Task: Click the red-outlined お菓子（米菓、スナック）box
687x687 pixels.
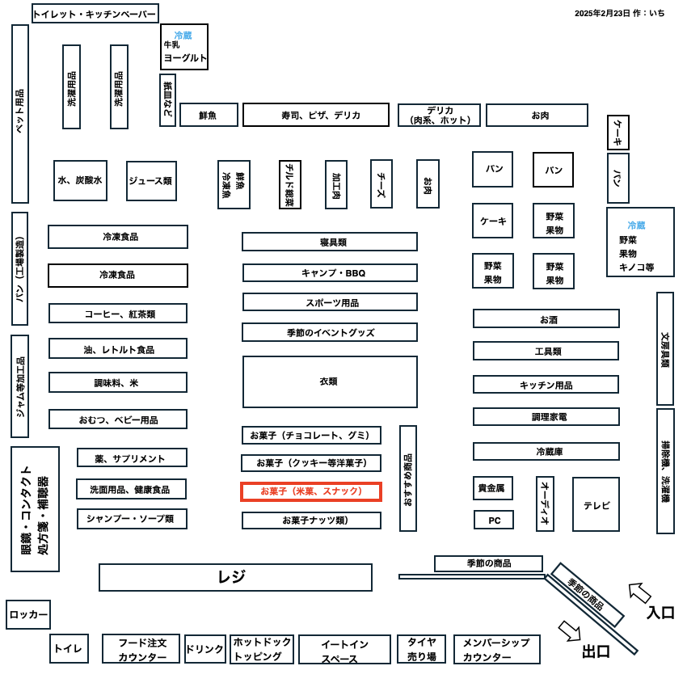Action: [311, 491]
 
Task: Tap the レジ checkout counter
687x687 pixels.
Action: [236, 577]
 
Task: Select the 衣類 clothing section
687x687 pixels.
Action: [330, 381]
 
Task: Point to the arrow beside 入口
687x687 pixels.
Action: [639, 593]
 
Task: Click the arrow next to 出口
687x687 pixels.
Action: [570, 631]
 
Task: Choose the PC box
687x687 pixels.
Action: [494, 520]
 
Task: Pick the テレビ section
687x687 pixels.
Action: [596, 504]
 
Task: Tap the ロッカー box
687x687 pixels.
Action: [28, 615]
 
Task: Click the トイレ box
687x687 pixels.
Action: [69, 648]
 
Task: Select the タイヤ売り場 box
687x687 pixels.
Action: [421, 649]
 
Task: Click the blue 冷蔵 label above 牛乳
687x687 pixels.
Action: [183, 35]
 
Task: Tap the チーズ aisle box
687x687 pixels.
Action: [381, 183]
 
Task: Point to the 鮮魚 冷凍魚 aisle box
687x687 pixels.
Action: [234, 184]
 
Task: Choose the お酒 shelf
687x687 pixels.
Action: [546, 318]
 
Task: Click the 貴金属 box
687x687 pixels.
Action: [493, 488]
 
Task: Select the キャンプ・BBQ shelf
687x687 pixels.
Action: [330, 273]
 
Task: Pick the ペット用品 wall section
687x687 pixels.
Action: [20, 114]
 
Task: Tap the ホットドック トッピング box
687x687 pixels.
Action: [262, 649]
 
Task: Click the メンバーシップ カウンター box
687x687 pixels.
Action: [497, 649]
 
